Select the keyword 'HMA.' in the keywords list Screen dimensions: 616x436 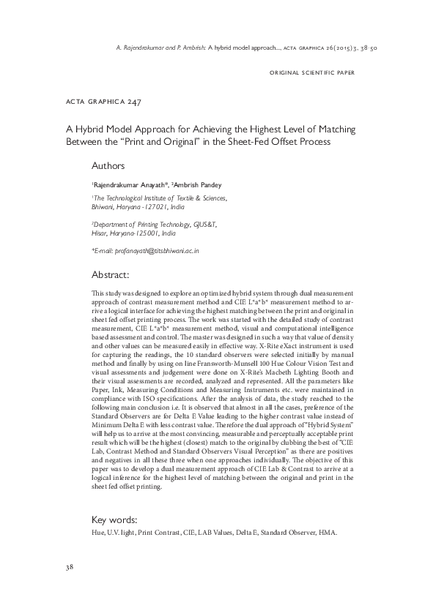tap(328, 533)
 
